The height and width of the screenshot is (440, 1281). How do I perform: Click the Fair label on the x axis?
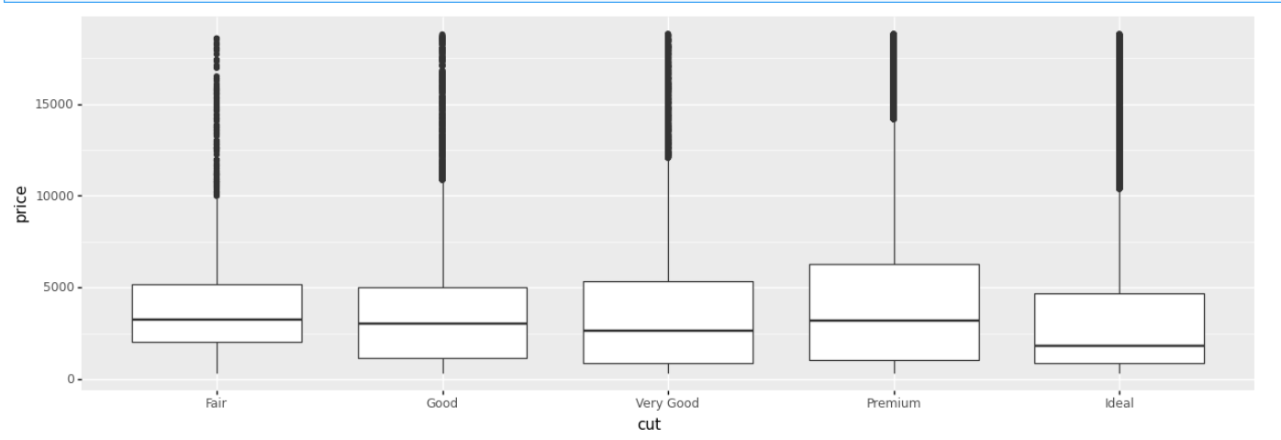pyautogui.click(x=217, y=403)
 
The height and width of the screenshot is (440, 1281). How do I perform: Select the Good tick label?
pyautogui.click(x=442, y=403)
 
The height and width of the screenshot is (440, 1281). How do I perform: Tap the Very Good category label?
pyautogui.click(x=668, y=403)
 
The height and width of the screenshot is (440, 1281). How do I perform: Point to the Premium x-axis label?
pyautogui.click(x=894, y=403)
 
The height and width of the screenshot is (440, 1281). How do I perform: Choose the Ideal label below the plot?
pyautogui.click(x=1119, y=403)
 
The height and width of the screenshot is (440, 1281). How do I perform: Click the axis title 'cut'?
pyautogui.click(x=649, y=424)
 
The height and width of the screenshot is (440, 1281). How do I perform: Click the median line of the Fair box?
pyautogui.click(x=217, y=320)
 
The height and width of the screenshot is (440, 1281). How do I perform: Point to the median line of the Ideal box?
pyautogui.click(x=1119, y=346)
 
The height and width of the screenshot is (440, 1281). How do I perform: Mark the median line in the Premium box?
pyautogui.click(x=894, y=321)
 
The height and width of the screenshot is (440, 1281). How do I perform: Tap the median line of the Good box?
pyautogui.click(x=442, y=324)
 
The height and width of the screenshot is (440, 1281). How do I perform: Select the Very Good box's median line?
pyautogui.click(x=668, y=331)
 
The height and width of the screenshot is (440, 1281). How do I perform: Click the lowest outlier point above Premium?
pyautogui.click(x=894, y=118)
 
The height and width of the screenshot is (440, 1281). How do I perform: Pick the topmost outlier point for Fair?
pyautogui.click(x=217, y=39)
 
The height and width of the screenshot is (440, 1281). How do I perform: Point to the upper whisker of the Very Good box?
pyautogui.click(x=668, y=220)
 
